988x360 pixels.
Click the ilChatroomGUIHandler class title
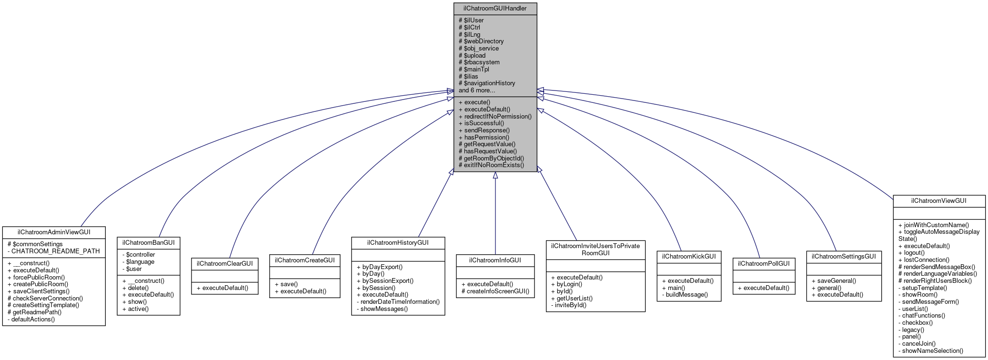pyautogui.click(x=495, y=9)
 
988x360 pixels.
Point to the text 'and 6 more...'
pyautogui.click(x=477, y=90)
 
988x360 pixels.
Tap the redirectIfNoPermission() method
pyautogui.click(x=495, y=116)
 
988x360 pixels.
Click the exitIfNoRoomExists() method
pyautogui.click(x=491, y=165)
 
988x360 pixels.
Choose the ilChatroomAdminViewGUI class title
pyautogui.click(x=54, y=232)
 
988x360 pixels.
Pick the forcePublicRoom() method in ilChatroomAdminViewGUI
pyautogui.click(x=36, y=277)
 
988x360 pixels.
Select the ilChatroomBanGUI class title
pyautogui.click(x=149, y=243)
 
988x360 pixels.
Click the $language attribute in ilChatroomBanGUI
pyautogui.click(x=139, y=262)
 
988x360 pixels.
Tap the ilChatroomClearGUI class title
pyautogui.click(x=225, y=264)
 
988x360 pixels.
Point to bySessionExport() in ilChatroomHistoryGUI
pyautogui.click(x=385, y=281)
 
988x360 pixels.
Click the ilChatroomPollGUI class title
pyautogui.click(x=764, y=264)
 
